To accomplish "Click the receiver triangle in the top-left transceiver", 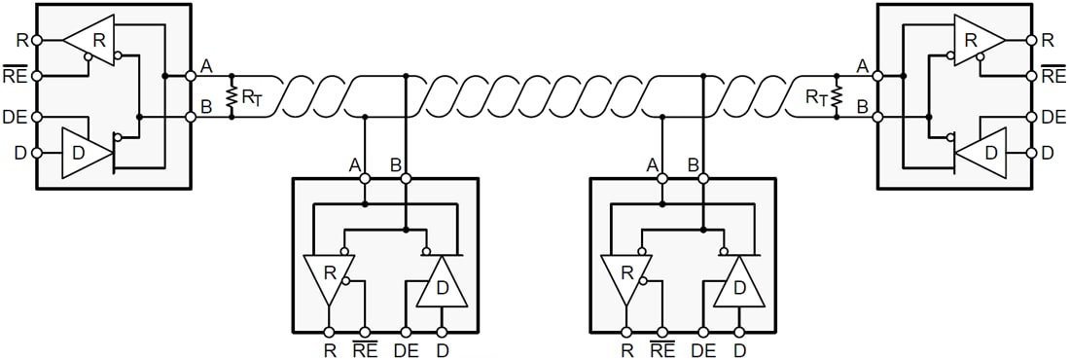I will [91, 40].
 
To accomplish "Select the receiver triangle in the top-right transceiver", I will [977, 40].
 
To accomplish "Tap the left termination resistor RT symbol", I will [232, 95].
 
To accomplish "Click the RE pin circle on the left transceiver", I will [37, 76].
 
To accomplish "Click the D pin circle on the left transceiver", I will [37, 153].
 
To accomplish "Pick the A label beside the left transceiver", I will [206, 65].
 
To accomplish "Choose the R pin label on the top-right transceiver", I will [1048, 40].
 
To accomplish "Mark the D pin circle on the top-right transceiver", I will [1033, 153].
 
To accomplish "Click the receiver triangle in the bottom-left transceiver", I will [329, 276].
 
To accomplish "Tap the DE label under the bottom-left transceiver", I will [406, 348].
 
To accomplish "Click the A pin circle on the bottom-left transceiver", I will [365, 179].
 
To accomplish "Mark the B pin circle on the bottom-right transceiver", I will [703, 179].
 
